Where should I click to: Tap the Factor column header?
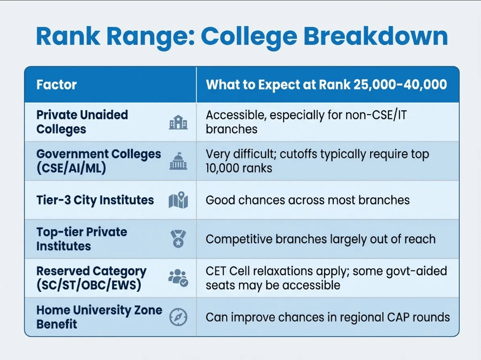pos(56,85)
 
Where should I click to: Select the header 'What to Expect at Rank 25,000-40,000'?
pos(326,85)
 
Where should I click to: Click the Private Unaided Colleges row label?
pos(82,122)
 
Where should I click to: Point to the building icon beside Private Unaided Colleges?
pos(178,123)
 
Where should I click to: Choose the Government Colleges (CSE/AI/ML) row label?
pos(98,161)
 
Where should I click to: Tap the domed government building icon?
pos(178,162)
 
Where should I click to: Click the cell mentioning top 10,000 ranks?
pos(317,161)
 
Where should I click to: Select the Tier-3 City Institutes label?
pos(95,200)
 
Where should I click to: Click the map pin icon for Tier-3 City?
pos(178,201)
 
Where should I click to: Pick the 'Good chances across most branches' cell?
pos(307,200)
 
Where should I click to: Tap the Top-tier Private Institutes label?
pos(82,239)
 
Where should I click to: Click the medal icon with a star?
pos(178,239)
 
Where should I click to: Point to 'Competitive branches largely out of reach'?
pos(320,239)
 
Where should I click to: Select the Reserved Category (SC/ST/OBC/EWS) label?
pos(91,278)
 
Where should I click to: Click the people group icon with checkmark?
pos(178,278)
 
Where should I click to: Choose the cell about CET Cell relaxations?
pos(326,278)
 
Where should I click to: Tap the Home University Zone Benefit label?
pos(99,317)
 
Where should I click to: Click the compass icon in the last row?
pos(178,317)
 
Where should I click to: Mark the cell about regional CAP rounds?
pos(327,317)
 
